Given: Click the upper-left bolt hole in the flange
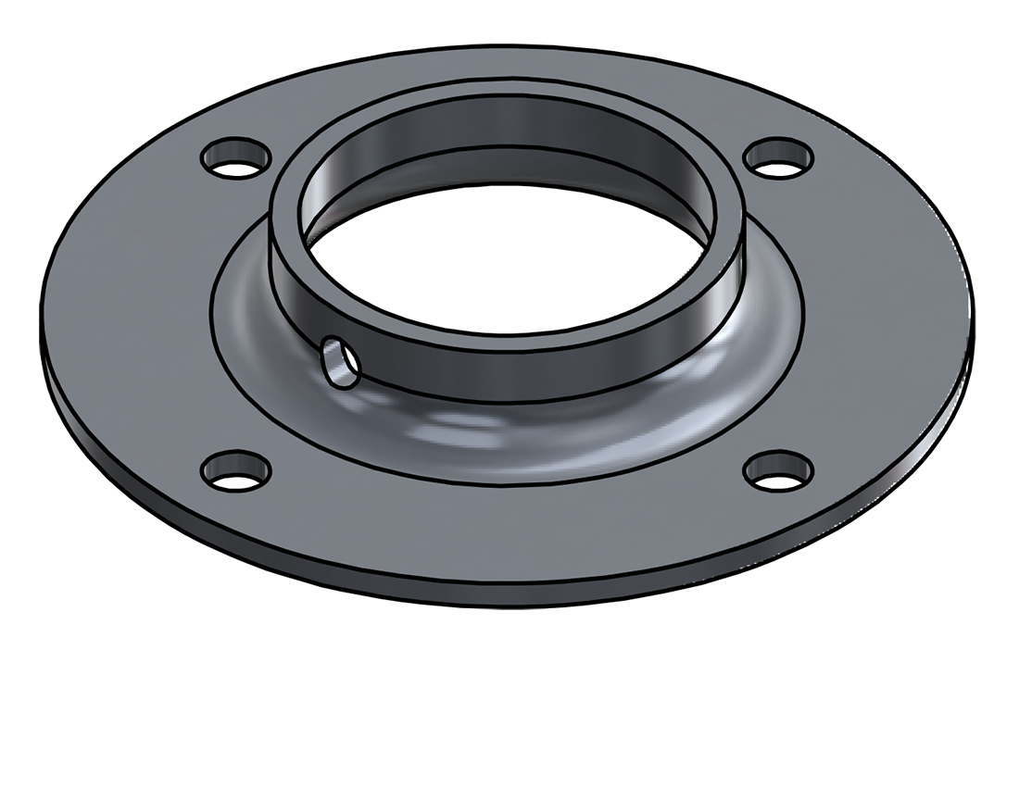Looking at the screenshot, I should (x=235, y=157).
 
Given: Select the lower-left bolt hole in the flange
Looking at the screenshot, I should (x=235, y=471).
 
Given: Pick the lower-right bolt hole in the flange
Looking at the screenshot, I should (x=779, y=470).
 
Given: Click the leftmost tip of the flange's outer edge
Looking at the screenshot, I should (x=41, y=319).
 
